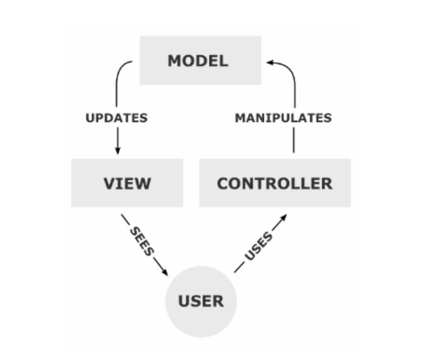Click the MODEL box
coord(200,61)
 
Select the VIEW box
coord(127,183)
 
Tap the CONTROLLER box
coord(275,183)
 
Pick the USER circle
coord(201,301)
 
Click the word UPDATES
coord(116,118)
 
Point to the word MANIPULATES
coord(283,118)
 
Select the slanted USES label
coord(259,246)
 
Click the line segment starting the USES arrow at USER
coord(239,268)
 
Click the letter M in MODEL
coord(175,61)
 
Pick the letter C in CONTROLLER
coord(224,183)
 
